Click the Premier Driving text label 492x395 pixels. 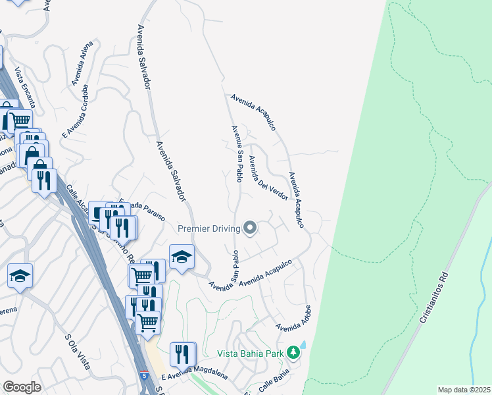pos(209,228)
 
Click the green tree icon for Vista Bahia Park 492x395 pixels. pos(293,354)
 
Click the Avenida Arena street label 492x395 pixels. pos(82,64)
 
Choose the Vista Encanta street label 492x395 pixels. pos(25,88)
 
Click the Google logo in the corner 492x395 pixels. pos(22,387)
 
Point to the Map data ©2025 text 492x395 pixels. pos(464,390)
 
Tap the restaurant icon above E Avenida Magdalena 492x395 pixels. pos(182,354)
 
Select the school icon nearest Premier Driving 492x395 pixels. pos(182,257)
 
